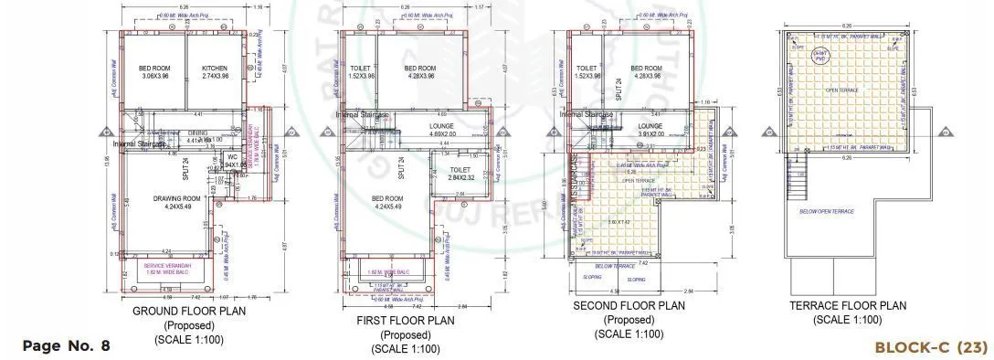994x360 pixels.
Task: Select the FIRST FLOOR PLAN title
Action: (x=405, y=321)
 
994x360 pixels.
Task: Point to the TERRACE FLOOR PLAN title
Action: (x=847, y=306)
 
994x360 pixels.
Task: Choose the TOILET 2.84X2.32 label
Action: (x=460, y=174)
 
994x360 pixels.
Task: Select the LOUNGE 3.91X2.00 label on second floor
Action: (x=650, y=130)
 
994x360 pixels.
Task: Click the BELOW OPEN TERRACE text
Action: (x=826, y=211)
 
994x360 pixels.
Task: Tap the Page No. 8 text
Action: (x=66, y=345)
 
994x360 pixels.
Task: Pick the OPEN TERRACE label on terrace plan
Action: (x=841, y=90)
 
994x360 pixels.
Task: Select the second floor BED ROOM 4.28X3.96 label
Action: (x=647, y=72)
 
